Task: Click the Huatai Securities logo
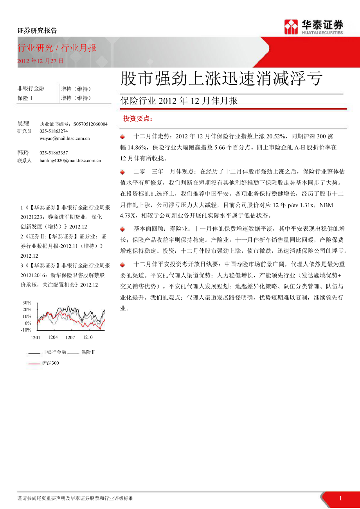313,27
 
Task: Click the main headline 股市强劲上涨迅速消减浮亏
221,79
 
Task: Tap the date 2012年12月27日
40,61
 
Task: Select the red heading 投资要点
138,118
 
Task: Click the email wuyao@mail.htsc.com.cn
65,138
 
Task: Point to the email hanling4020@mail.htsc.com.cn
70,160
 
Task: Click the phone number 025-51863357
54,153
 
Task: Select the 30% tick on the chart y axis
27,303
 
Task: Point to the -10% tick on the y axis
26,330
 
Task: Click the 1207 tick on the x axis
70,337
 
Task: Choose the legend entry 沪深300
50,363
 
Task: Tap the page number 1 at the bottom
340,498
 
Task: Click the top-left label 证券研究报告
37,30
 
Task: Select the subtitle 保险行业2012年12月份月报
179,101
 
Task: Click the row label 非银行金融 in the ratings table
31,88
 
